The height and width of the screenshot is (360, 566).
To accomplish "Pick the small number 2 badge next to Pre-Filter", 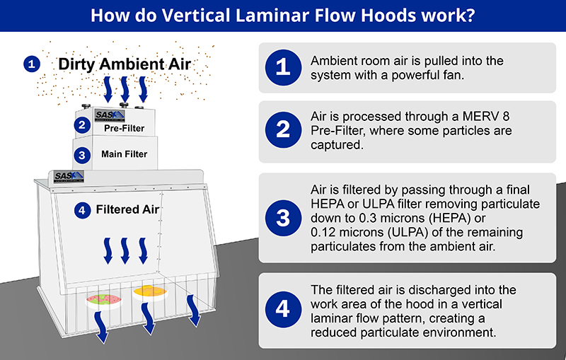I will tap(83, 126).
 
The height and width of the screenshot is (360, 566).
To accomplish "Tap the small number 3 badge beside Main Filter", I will tap(83, 154).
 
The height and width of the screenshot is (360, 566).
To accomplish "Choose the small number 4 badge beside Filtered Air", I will tap(83, 209).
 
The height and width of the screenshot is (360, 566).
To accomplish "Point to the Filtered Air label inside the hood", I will tap(128, 209).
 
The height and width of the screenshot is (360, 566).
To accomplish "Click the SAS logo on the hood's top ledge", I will tap(68, 177).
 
